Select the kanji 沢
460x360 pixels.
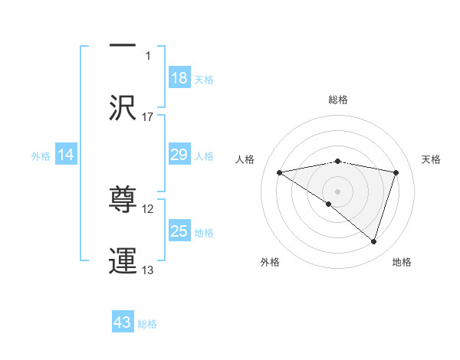pyautogui.click(x=123, y=107)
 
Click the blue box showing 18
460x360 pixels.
pyautogui.click(x=179, y=78)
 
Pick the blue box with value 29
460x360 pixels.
pyautogui.click(x=179, y=155)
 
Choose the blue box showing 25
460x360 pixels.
pyautogui.click(x=179, y=231)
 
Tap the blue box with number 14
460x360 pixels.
pyautogui.click(x=66, y=155)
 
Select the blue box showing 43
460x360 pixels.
pyautogui.click(x=123, y=322)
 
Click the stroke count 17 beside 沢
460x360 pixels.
pyautogui.click(x=148, y=116)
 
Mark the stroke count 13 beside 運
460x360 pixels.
pyautogui.click(x=148, y=270)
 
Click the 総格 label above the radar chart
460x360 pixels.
pyautogui.click(x=338, y=100)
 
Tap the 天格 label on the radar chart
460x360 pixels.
pyautogui.click(x=432, y=159)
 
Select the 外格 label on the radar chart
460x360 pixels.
pyautogui.click(x=270, y=263)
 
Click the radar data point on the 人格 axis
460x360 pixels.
pyautogui.click(x=280, y=172)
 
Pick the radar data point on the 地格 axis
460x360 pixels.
pyautogui.click(x=374, y=241)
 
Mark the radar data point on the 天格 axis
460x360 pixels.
pyautogui.click(x=396, y=172)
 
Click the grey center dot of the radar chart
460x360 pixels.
pyautogui.click(x=338, y=191)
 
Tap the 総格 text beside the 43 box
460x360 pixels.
pyautogui.click(x=147, y=324)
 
